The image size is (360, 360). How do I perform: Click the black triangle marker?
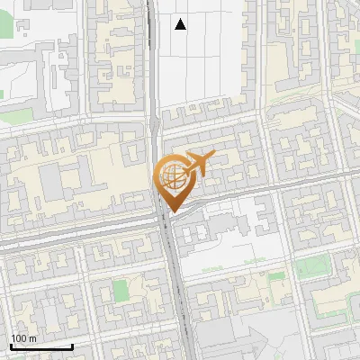tap(181, 24)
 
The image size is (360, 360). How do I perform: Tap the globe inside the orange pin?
tap(170, 175)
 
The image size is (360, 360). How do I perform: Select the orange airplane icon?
tap(199, 164)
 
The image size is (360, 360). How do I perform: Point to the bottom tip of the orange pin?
tap(170, 211)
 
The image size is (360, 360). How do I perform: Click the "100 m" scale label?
tap(24, 338)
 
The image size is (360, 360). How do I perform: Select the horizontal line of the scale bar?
tap(41, 346)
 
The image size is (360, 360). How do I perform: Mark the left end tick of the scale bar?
tap(11, 344)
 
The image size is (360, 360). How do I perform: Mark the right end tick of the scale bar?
tap(72, 344)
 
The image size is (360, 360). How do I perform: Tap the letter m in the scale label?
tap(32, 338)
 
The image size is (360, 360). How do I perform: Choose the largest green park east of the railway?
tap(312, 267)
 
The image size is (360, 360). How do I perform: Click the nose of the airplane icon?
tap(213, 157)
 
